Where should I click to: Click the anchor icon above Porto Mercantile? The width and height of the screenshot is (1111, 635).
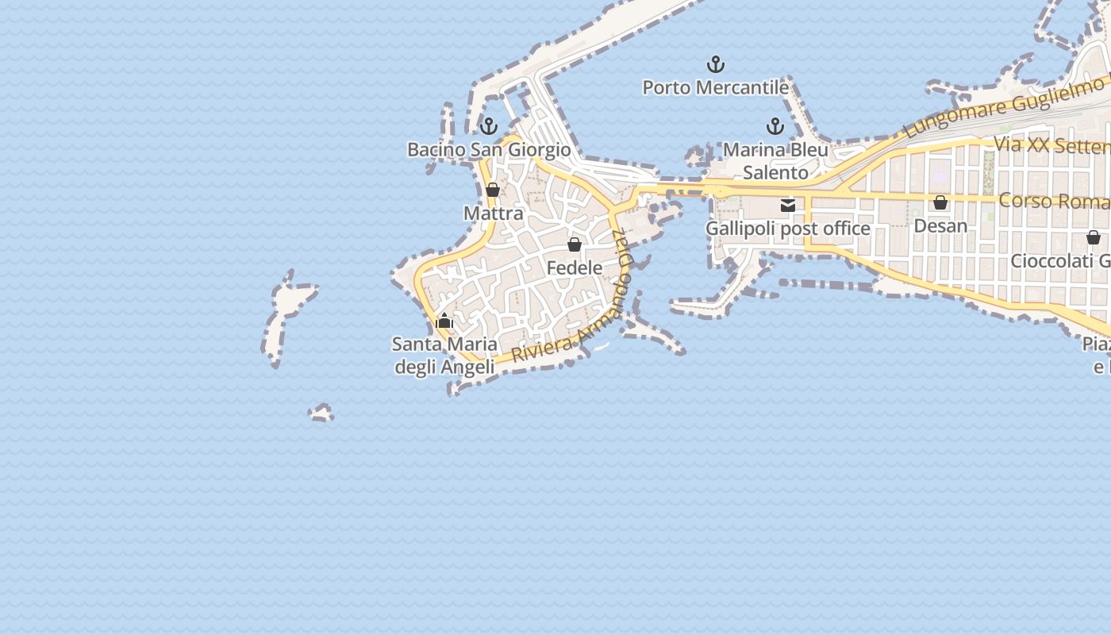click(716, 64)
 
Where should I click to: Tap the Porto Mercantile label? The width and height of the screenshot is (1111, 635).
click(716, 87)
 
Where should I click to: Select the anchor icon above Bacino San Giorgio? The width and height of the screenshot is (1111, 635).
click(489, 126)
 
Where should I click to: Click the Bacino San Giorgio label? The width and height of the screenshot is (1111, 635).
click(489, 149)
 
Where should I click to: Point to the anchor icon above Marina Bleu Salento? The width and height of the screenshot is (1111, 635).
click(775, 126)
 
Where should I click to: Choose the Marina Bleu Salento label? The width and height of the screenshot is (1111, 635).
click(775, 161)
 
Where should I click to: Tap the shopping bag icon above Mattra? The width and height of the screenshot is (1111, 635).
click(493, 190)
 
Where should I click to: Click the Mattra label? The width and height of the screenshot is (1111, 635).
click(494, 214)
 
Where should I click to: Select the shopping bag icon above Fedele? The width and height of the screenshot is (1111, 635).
click(575, 244)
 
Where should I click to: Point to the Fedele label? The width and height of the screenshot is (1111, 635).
click(575, 268)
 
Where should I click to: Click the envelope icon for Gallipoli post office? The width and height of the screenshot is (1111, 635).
click(788, 206)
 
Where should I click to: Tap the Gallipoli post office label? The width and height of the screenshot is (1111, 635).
click(788, 229)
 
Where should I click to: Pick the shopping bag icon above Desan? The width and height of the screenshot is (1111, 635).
click(940, 202)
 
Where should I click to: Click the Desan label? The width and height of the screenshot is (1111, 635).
click(940, 225)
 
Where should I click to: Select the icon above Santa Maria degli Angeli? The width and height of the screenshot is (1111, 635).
click(444, 321)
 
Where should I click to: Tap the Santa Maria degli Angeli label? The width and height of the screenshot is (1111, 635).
click(444, 356)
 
